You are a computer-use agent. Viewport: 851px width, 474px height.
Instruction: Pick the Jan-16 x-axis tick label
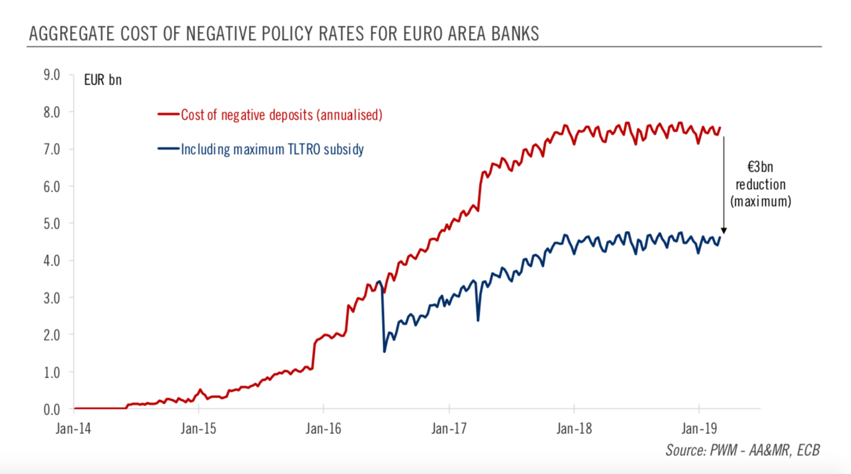[323, 430]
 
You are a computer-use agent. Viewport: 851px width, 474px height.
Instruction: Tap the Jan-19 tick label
[698, 430]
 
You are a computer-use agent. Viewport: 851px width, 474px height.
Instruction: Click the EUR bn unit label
[103, 80]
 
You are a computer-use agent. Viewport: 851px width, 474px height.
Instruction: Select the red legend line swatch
[168, 115]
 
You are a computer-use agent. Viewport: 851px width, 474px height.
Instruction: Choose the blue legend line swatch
[168, 150]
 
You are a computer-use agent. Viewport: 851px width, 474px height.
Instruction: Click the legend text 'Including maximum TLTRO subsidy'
[272, 150]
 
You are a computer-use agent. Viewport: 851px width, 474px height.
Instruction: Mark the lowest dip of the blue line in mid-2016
[384, 351]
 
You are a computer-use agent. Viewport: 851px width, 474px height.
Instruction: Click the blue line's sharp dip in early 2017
[478, 321]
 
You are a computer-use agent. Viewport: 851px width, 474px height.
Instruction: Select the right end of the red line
[720, 128]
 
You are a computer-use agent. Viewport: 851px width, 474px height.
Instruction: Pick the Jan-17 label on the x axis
[449, 430]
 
